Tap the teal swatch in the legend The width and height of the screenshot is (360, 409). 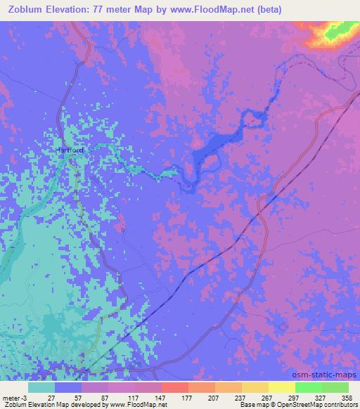(41, 387)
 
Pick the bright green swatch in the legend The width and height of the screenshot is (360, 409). (309, 387)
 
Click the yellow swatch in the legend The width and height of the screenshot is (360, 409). (255, 387)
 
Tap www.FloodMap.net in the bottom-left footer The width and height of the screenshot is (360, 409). (143, 405)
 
